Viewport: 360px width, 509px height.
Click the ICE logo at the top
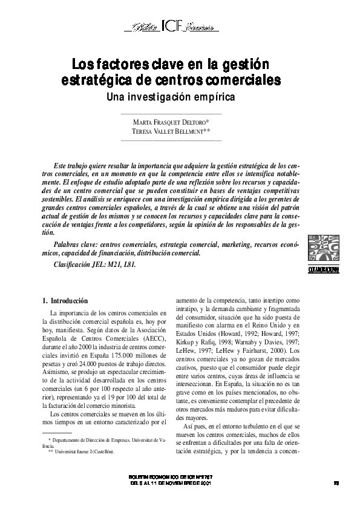point(169,27)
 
